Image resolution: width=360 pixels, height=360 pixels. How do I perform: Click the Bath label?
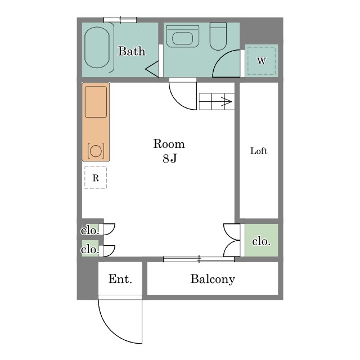point(132,51)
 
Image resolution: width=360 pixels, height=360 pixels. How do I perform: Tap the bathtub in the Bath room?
point(97,47)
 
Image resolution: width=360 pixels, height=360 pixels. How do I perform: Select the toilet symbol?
point(218,36)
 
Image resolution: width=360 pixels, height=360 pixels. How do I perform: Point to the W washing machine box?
point(262,61)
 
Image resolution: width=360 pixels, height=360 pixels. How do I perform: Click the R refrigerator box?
point(96,178)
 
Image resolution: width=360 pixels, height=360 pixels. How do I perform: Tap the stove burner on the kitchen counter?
point(96,151)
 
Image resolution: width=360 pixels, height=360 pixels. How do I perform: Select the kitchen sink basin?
point(96,102)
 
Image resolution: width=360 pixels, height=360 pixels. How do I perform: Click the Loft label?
point(259,151)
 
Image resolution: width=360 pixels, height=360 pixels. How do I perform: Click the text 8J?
point(170,158)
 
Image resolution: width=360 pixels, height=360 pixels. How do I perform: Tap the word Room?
point(169,144)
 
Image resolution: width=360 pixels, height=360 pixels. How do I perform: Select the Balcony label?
point(213,279)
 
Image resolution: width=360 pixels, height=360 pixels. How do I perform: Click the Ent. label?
point(120,279)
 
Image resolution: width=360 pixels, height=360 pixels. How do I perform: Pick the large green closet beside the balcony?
point(262,240)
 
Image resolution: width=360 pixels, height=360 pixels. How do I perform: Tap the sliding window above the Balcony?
point(199,259)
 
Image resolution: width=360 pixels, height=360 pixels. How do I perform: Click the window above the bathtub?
point(120,20)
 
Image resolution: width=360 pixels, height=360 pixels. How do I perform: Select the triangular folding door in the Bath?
point(152,69)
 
